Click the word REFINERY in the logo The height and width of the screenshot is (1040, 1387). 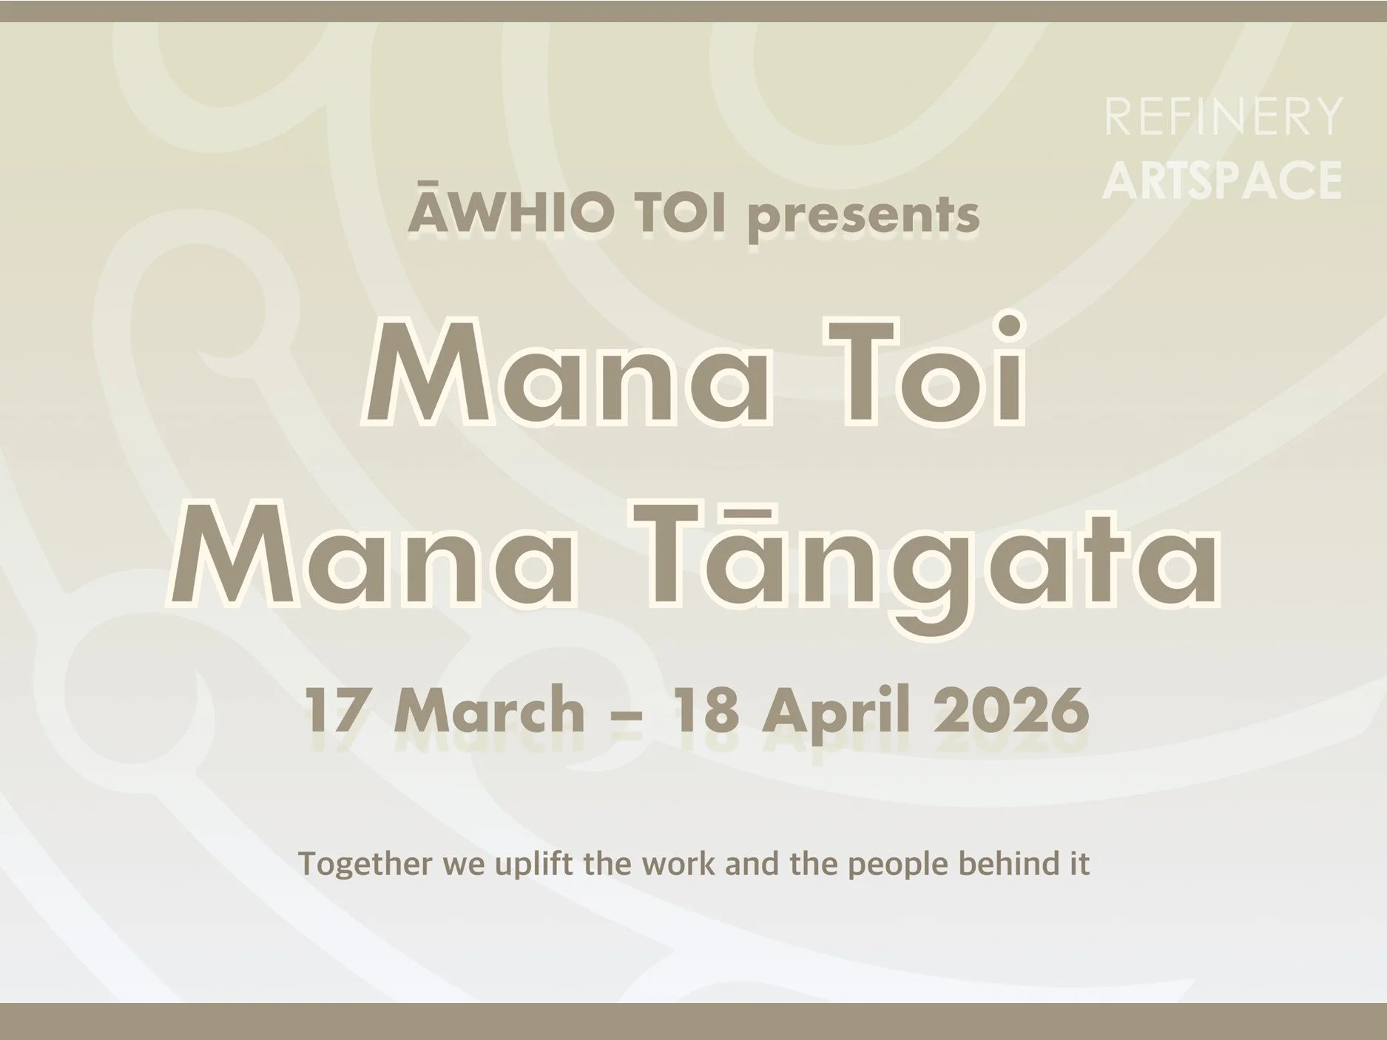point(1223,117)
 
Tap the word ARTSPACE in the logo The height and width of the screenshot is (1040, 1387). point(1222,180)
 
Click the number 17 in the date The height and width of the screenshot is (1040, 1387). point(332,709)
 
